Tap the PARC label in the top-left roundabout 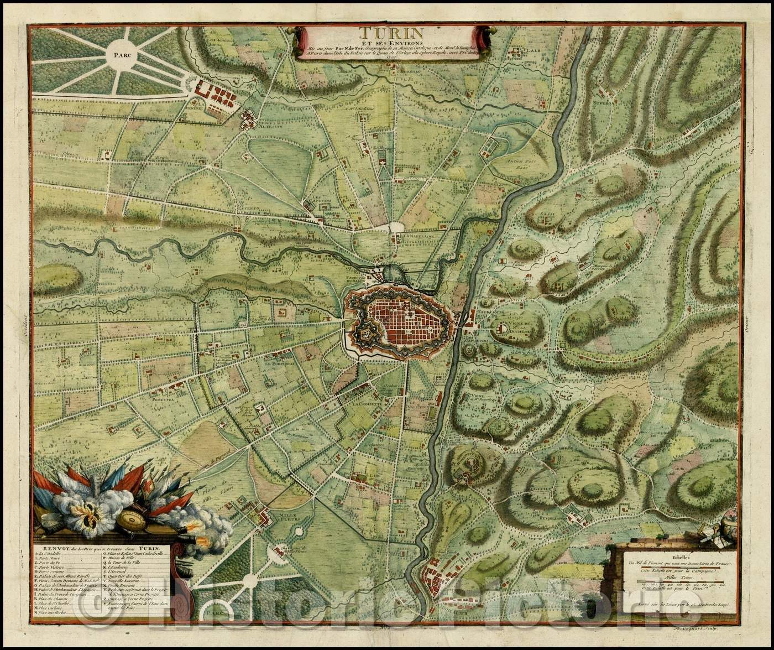[x=125, y=55]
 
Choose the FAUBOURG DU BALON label [x=376, y=277]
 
